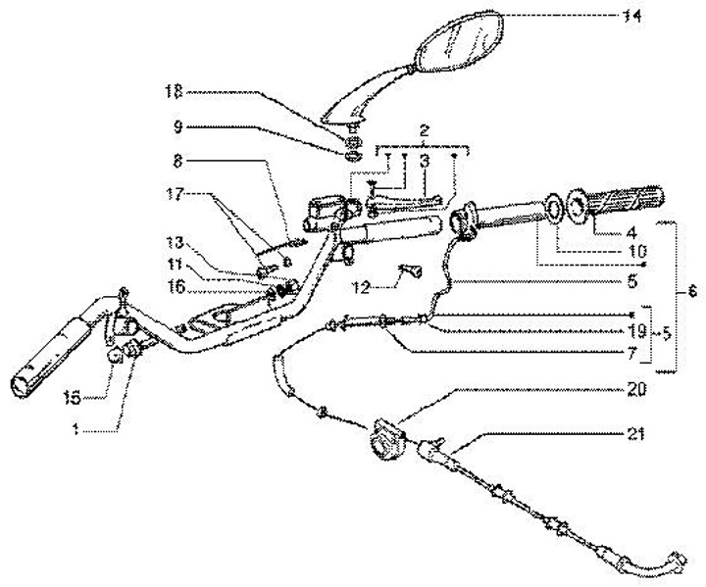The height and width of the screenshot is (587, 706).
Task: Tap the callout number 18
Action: click(173, 93)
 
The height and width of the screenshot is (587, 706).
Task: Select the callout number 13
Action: click(175, 242)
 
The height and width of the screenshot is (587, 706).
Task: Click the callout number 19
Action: click(637, 330)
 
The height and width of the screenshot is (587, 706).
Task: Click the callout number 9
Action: click(176, 126)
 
